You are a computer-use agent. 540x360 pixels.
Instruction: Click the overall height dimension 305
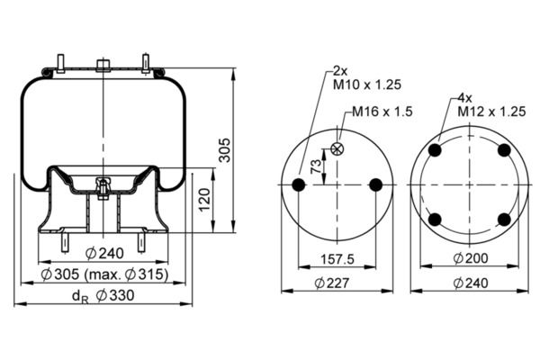point(226,150)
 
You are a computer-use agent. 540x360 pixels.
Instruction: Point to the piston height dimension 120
point(204,200)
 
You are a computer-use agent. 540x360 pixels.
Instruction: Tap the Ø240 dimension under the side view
point(104,253)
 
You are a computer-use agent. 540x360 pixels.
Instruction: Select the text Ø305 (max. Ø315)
point(104,274)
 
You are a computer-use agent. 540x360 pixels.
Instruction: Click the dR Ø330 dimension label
point(103,296)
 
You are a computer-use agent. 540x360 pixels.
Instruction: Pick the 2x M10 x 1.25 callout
point(367,78)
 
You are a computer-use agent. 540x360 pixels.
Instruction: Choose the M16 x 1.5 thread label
point(382,112)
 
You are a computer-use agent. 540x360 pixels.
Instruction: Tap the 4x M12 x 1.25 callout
point(491,105)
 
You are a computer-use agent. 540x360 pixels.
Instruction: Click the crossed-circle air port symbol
point(337,148)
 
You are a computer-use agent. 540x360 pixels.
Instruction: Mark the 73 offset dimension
point(316,166)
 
